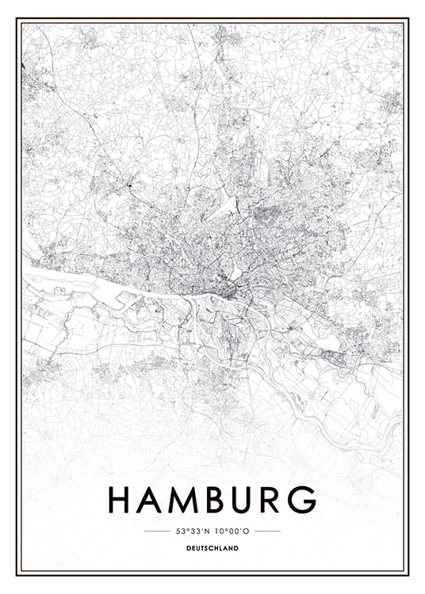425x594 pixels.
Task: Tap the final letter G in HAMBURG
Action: tap(304, 500)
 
